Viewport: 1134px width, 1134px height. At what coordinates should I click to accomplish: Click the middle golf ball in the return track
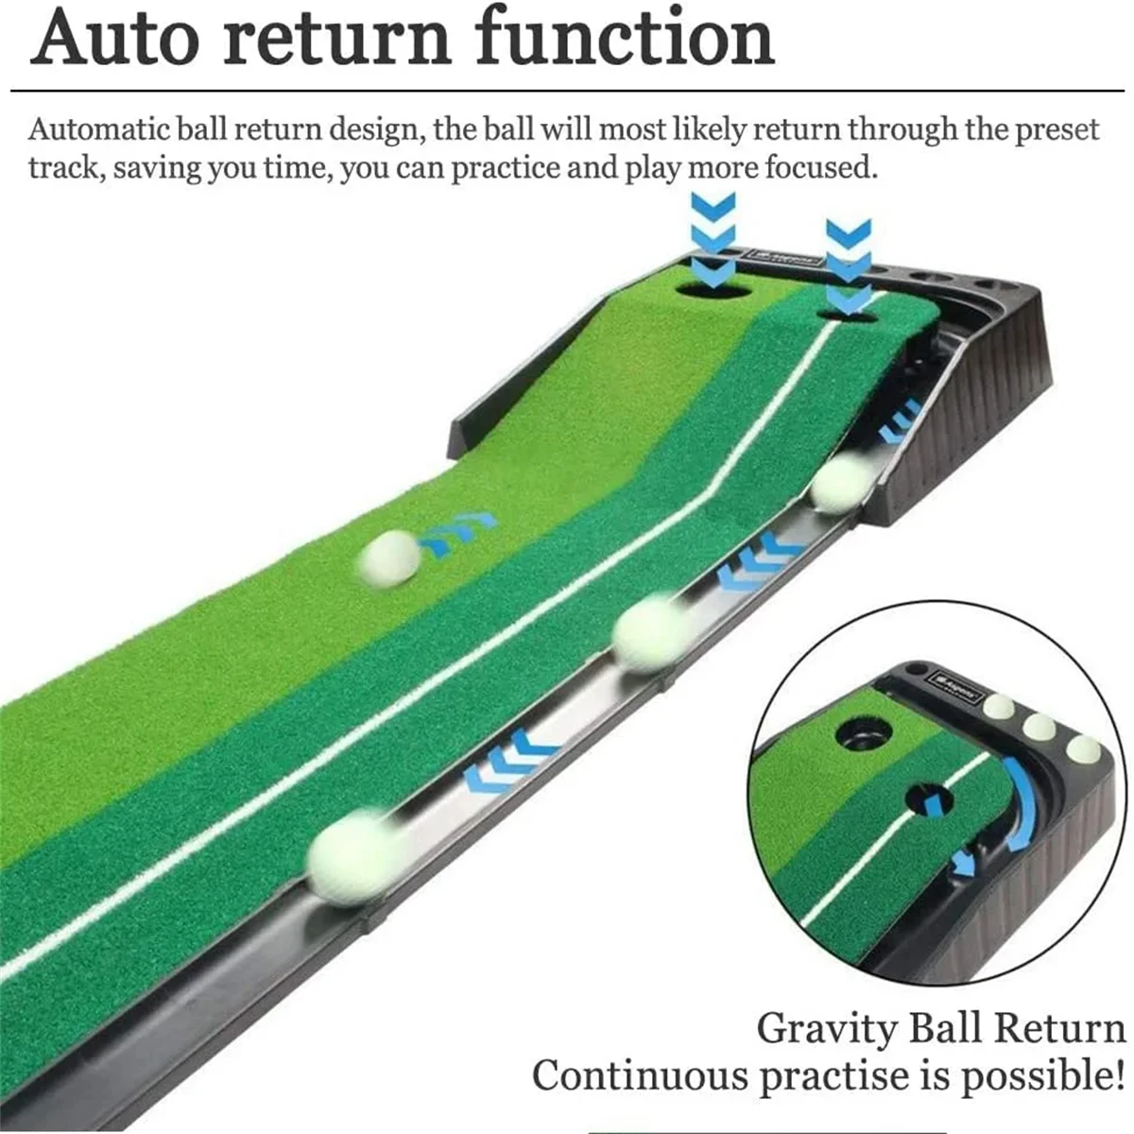tap(651, 632)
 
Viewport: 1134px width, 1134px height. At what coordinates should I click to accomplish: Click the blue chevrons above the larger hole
tap(713, 232)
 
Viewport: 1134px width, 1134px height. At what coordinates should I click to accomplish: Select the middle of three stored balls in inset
tap(1039, 727)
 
